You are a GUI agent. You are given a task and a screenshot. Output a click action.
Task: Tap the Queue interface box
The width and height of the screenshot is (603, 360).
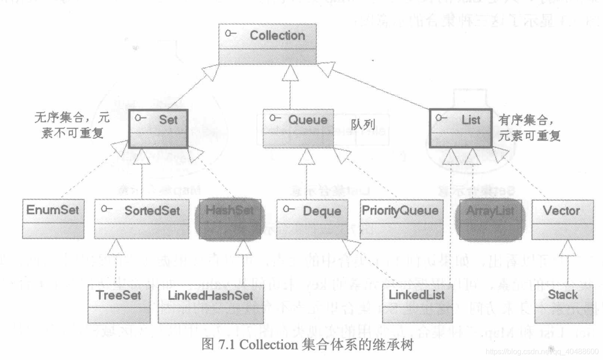click(299, 128)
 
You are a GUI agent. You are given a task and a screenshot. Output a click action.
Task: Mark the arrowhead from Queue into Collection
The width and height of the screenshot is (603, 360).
click(290, 71)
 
